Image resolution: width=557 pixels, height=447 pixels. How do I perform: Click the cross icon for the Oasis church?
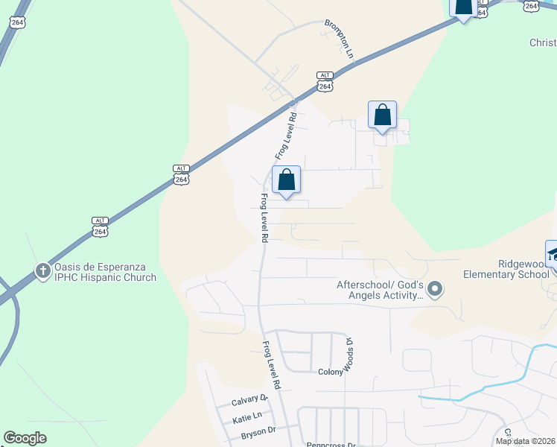tap(43, 270)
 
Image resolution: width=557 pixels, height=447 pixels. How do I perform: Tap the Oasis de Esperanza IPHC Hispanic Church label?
tap(104, 272)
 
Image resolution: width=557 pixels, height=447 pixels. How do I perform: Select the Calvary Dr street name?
tap(249, 399)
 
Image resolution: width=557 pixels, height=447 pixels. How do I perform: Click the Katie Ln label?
tap(247, 415)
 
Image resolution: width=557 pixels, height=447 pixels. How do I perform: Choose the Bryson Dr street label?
tap(257, 430)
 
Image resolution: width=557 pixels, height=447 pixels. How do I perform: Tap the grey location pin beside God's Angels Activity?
tap(436, 288)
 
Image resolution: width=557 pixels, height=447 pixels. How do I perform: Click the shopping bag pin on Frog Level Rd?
tap(287, 180)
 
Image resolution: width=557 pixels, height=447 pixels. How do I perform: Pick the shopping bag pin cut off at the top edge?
tap(464, 7)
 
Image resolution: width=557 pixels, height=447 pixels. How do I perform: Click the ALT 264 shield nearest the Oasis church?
tap(101, 226)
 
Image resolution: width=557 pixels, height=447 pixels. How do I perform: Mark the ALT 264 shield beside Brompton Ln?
tap(325, 81)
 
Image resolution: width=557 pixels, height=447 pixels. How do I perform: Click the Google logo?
tap(25, 438)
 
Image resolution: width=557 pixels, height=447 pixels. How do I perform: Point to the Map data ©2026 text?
tap(525, 441)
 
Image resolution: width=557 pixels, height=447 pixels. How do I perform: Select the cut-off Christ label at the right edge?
tap(543, 42)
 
